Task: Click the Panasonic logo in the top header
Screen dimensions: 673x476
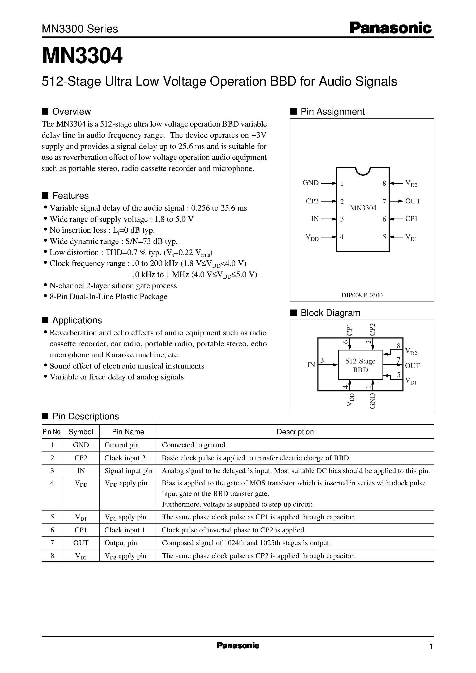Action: [x=391, y=28]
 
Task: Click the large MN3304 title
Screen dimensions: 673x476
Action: [x=82, y=56]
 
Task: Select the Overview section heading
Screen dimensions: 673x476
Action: [x=71, y=111]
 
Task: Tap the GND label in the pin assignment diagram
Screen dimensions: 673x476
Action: [x=311, y=183]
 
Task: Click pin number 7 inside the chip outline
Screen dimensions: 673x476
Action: [x=384, y=201]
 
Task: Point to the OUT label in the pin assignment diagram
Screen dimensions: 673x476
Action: [x=413, y=201]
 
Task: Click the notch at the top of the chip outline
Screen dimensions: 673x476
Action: [x=363, y=171]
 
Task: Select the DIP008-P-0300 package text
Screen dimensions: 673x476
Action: [x=362, y=295]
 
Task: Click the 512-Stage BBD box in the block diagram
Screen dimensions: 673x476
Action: [x=360, y=365]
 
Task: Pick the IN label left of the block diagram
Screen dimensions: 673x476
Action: [x=311, y=365]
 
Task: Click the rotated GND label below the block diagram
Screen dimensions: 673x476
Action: [x=372, y=401]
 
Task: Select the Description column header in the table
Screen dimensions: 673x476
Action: [x=295, y=432]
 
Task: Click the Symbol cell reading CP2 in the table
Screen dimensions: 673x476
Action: [x=81, y=458]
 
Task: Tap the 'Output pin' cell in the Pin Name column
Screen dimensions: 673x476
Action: [x=121, y=543]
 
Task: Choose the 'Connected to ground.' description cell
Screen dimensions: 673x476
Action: [x=194, y=445]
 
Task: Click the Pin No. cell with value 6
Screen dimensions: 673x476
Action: [x=52, y=530]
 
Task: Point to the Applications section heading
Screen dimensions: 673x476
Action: [x=77, y=320]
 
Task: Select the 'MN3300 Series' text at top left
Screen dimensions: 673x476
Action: [x=80, y=29]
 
